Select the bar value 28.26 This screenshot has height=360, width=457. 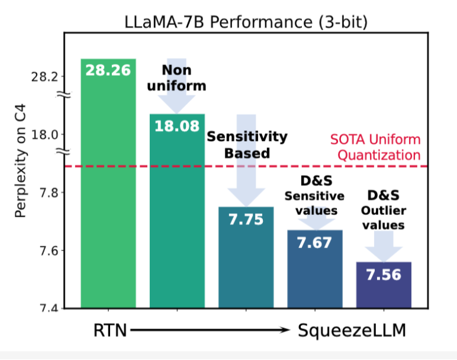click(108, 70)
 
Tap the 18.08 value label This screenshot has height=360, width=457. click(177, 126)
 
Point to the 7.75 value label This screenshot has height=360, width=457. click(246, 219)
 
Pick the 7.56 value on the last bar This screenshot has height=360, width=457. click(384, 274)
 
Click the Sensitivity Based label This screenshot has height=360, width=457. click(247, 145)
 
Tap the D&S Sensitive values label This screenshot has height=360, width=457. click(314, 195)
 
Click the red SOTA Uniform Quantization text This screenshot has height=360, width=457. click(375, 147)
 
